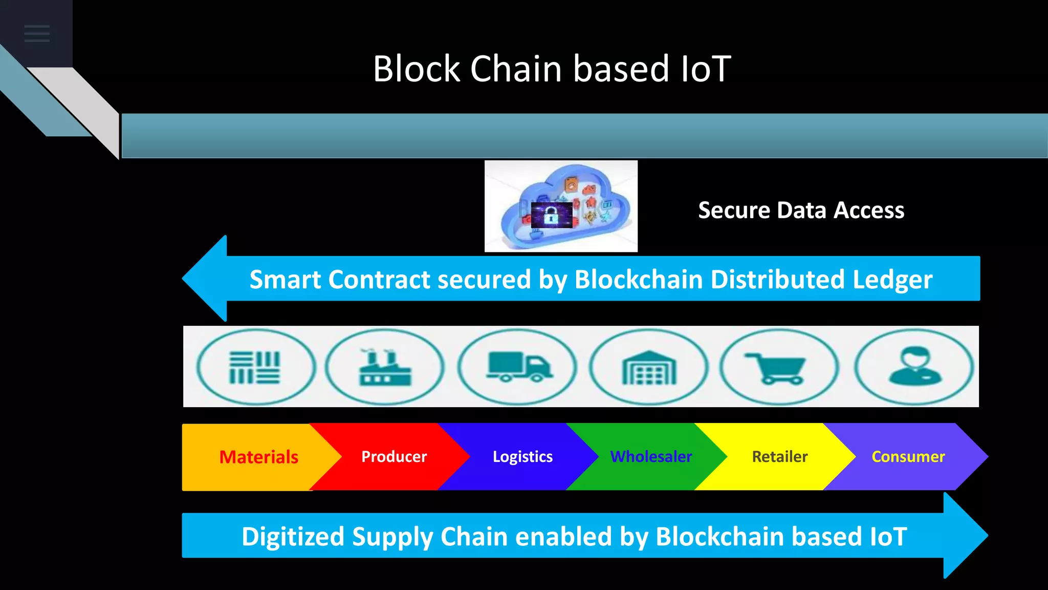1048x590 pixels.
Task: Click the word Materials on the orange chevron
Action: tap(258, 457)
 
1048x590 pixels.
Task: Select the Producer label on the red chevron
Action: tap(394, 456)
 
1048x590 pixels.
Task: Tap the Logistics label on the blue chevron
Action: tap(522, 456)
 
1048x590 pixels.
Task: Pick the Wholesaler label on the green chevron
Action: tap(651, 456)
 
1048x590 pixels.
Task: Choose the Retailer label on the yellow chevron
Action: tap(779, 456)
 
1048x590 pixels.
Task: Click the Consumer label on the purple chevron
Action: tap(908, 456)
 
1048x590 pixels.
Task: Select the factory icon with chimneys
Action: tap(384, 367)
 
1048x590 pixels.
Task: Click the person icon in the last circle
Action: tap(915, 366)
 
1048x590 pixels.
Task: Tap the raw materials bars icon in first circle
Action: tap(254, 367)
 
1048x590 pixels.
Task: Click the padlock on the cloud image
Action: tap(551, 215)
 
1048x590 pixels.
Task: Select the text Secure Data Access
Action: tap(801, 210)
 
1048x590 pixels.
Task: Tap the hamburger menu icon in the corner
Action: tap(37, 33)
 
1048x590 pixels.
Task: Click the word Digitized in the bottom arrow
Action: tap(293, 537)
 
